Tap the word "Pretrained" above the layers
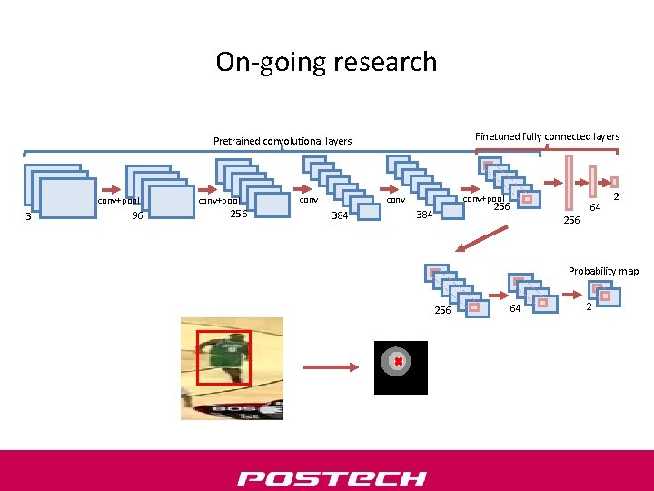[236, 141]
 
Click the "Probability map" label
[603, 271]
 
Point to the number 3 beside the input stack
[29, 217]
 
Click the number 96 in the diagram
[137, 216]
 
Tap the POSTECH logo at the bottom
[332, 478]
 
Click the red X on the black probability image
[398, 362]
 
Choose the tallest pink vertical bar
[570, 182]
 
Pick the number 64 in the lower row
[515, 310]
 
